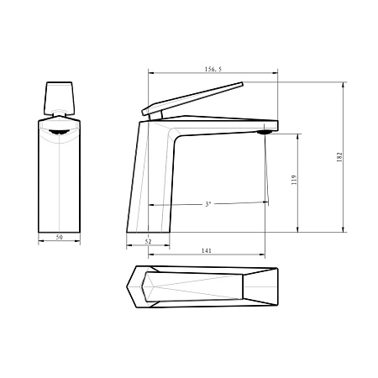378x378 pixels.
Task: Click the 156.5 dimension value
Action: (x=213, y=69)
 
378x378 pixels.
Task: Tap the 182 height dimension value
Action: (x=339, y=157)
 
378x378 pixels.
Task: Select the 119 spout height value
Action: (x=294, y=180)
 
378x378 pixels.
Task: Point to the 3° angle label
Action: (x=207, y=204)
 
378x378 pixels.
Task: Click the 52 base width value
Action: (x=148, y=241)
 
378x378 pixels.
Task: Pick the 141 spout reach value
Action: (x=207, y=250)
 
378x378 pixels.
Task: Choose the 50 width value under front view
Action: (x=59, y=237)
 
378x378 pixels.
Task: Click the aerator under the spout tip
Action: (x=265, y=132)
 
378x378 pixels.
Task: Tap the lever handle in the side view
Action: (x=192, y=98)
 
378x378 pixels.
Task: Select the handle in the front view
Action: (x=60, y=98)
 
